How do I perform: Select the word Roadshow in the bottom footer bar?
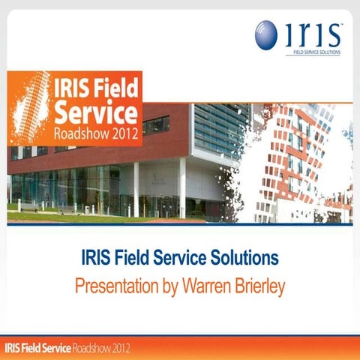(x=93, y=349)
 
